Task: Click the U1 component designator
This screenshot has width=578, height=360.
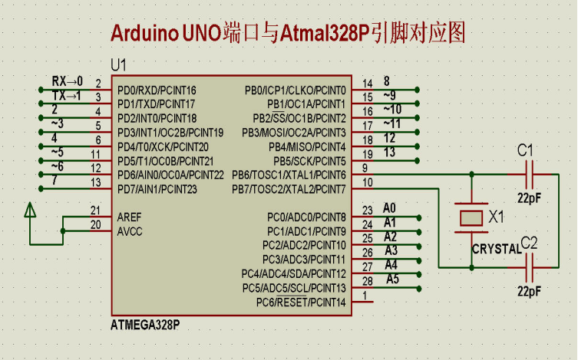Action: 120,64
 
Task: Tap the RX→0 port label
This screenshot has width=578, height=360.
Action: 67,81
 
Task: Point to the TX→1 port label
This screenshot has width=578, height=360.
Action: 67,95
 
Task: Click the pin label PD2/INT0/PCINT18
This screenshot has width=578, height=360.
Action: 157,118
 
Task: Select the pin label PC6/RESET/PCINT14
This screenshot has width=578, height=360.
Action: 301,302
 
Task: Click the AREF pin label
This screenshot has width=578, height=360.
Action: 129,216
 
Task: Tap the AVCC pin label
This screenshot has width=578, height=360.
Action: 129,230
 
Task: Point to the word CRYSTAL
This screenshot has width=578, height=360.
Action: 495,249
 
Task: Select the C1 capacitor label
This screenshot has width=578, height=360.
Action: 526,150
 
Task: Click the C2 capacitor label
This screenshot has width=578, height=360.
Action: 530,243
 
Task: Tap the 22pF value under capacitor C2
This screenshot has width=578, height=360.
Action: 529,292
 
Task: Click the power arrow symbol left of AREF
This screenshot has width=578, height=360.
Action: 29,210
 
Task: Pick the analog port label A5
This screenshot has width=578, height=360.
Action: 392,279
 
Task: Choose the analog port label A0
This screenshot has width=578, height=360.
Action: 389,208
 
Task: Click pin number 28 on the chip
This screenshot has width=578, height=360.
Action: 367,281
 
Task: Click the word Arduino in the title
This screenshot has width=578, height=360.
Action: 145,32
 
